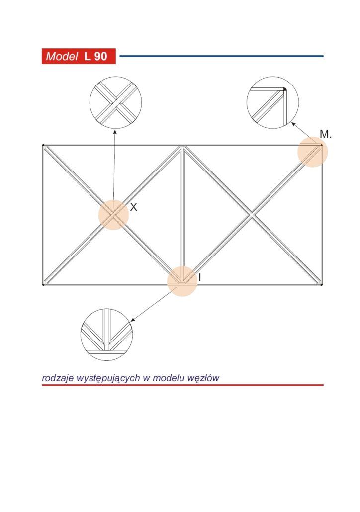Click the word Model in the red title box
62,56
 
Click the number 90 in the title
100,56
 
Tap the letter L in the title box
87,56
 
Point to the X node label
133,207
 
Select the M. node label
325,134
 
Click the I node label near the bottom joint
199,277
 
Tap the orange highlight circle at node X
113,215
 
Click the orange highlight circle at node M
313,152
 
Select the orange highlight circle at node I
182,281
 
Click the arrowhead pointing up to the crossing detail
115,131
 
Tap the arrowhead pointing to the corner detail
293,124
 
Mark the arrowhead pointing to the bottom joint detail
132,320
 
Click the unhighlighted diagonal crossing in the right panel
252,215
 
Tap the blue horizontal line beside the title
221,56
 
